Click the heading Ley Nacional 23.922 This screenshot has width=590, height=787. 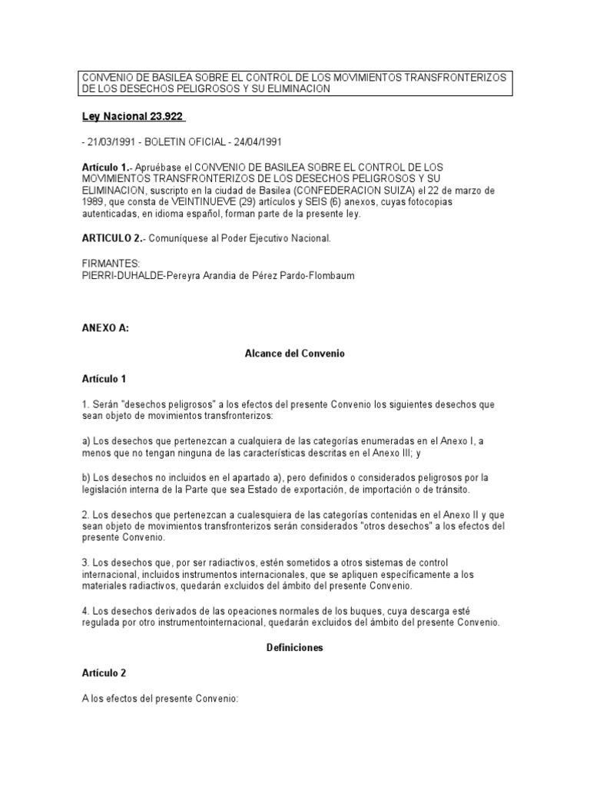134,116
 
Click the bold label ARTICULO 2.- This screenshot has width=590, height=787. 112,238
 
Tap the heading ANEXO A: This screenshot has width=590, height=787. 105,327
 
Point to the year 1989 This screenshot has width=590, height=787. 95,202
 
